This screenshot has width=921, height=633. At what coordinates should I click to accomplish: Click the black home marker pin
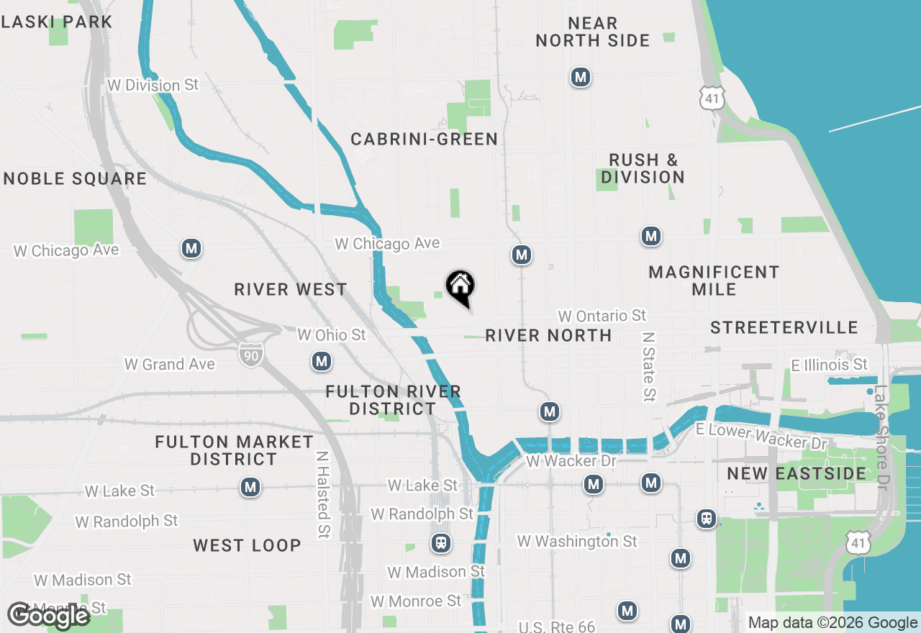point(460,288)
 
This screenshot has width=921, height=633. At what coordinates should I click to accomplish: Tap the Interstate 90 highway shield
point(250,353)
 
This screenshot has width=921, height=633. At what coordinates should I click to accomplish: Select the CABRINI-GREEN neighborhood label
point(424,139)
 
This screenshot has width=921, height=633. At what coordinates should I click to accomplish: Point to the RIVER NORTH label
point(548,335)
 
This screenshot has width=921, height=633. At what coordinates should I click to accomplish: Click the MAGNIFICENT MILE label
point(714,281)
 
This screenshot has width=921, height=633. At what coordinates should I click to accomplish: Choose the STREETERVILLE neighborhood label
point(784,328)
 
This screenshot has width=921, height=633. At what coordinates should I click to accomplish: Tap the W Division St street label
point(153,85)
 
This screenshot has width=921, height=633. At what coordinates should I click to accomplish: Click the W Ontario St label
point(602,316)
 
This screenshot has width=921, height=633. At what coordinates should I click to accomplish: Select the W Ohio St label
point(332,335)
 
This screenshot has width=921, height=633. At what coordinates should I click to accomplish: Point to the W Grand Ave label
point(170,364)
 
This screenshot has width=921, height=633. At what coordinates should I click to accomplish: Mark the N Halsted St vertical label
point(323,494)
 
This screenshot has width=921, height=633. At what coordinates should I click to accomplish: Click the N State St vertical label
point(649,366)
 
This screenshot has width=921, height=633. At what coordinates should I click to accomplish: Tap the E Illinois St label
point(829,365)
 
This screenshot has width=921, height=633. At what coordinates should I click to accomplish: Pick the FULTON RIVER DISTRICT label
point(393,400)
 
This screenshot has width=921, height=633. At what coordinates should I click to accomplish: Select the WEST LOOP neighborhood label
point(247,545)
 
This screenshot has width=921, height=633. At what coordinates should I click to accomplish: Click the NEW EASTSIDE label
point(797,473)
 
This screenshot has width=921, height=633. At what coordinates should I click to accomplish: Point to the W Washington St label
point(577,541)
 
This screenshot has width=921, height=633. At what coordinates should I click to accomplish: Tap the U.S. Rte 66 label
point(557,627)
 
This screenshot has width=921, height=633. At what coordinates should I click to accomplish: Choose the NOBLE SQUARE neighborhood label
point(75,178)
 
